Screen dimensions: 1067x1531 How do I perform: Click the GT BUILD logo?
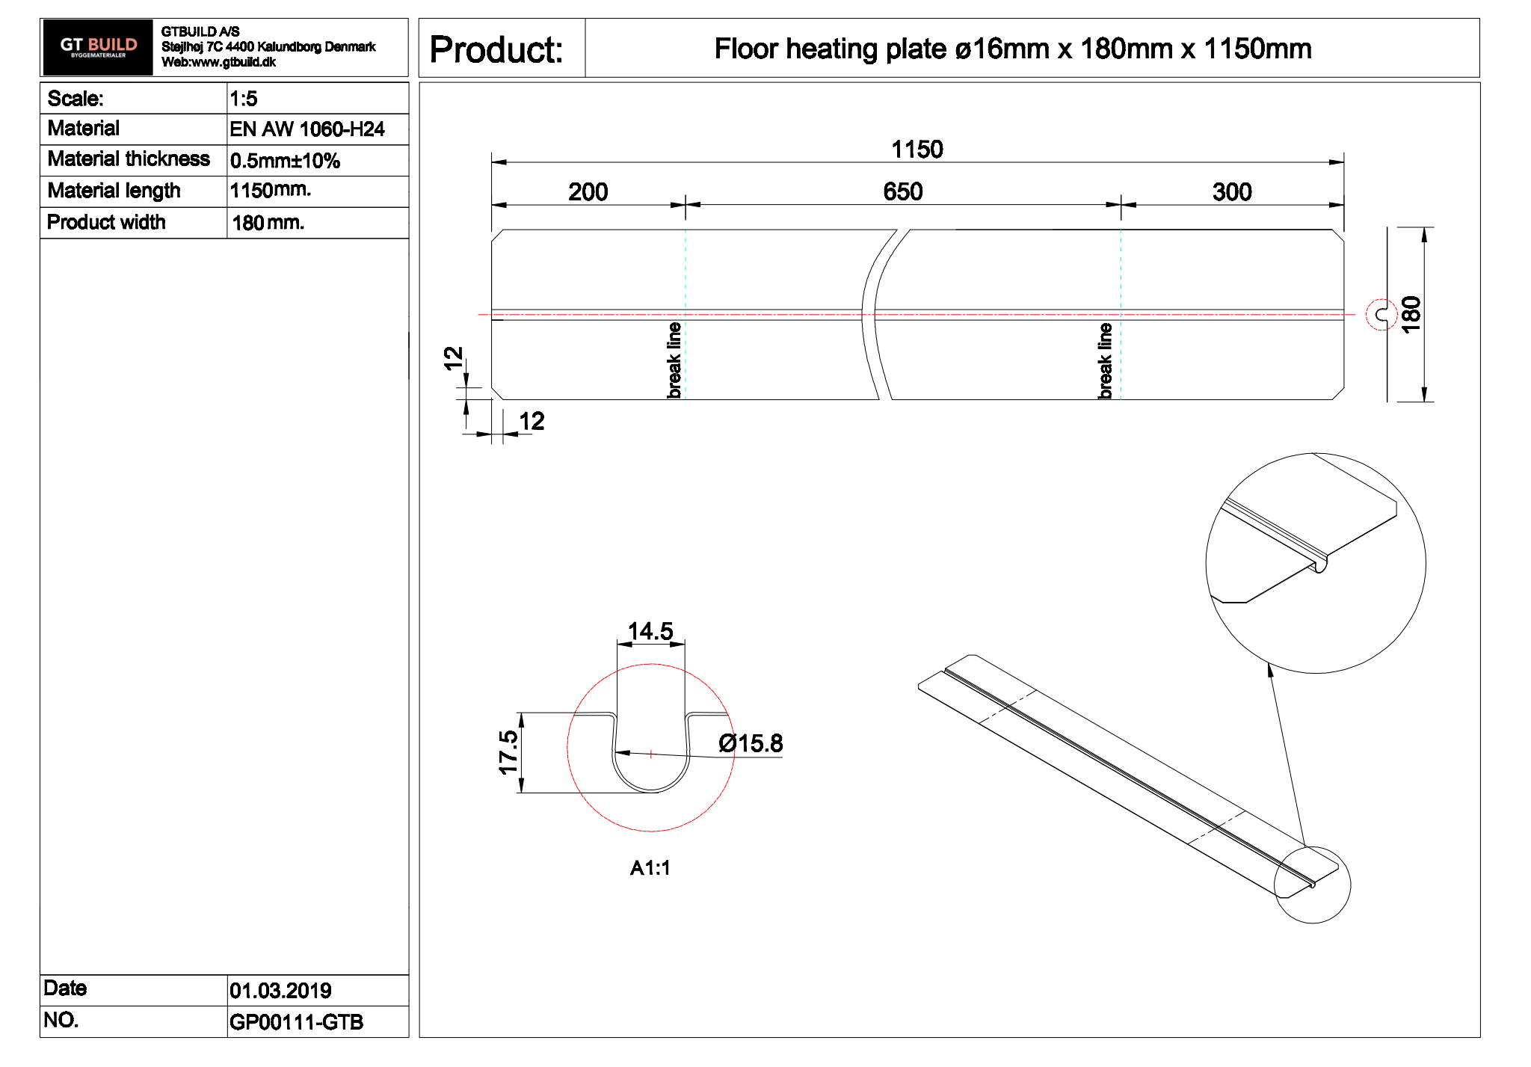click(x=97, y=47)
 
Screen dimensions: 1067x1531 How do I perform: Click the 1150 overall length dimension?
click(x=917, y=150)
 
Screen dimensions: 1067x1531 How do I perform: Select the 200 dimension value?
click(x=588, y=192)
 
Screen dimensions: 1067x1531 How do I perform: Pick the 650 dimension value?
click(x=902, y=192)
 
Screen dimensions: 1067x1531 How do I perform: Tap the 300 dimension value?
click(x=1231, y=192)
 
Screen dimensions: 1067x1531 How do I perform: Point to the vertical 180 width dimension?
click(x=1411, y=314)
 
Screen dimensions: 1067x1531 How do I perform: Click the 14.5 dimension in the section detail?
click(x=650, y=632)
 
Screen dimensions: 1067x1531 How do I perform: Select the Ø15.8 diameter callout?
click(x=750, y=743)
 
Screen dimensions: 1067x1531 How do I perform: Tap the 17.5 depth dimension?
click(x=508, y=752)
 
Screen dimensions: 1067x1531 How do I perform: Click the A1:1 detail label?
click(x=650, y=868)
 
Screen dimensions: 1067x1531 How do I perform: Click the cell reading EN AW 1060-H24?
click(x=306, y=129)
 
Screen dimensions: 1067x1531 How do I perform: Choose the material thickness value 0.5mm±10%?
click(x=285, y=161)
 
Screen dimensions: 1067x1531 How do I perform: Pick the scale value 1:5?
click(x=244, y=99)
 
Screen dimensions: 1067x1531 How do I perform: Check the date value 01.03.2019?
click(x=280, y=991)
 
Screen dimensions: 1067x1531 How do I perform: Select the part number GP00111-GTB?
click(x=296, y=1022)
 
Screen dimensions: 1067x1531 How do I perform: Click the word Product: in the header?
click(x=496, y=50)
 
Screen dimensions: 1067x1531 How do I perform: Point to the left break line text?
click(x=674, y=360)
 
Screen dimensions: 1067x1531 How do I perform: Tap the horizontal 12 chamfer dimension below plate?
click(x=532, y=422)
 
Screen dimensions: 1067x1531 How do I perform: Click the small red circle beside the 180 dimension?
click(x=1381, y=315)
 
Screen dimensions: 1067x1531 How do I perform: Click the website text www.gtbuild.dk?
click(x=233, y=62)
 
